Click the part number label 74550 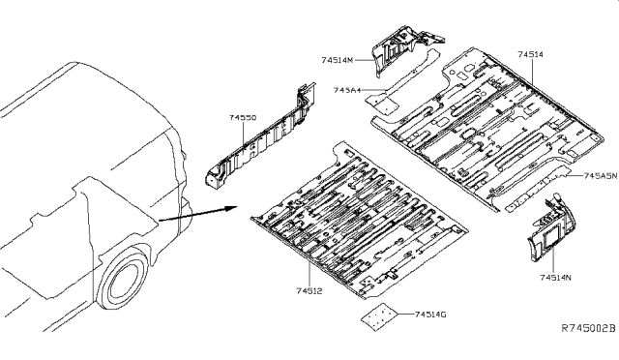click(243, 116)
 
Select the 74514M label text click(339, 59)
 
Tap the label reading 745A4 click(347, 90)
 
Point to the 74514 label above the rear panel click(531, 56)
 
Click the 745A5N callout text click(600, 177)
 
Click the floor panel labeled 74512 click(358, 218)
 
